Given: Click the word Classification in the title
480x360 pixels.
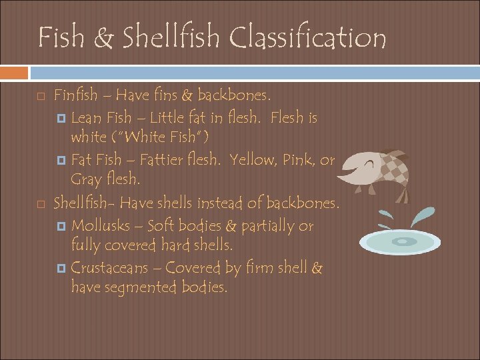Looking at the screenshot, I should tap(308, 38).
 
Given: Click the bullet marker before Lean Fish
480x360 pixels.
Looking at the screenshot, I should tap(62, 119).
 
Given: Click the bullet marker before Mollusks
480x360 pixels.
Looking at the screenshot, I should tap(62, 226).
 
